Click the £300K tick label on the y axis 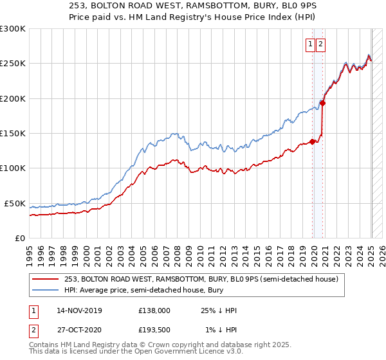click(x=13, y=29)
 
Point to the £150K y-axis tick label click(x=13, y=134)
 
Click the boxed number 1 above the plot click(x=310, y=44)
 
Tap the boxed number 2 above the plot click(x=320, y=44)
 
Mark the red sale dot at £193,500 click(x=323, y=103)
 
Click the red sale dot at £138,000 click(x=313, y=141)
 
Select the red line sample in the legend click(x=46, y=279)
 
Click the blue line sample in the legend click(x=46, y=291)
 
